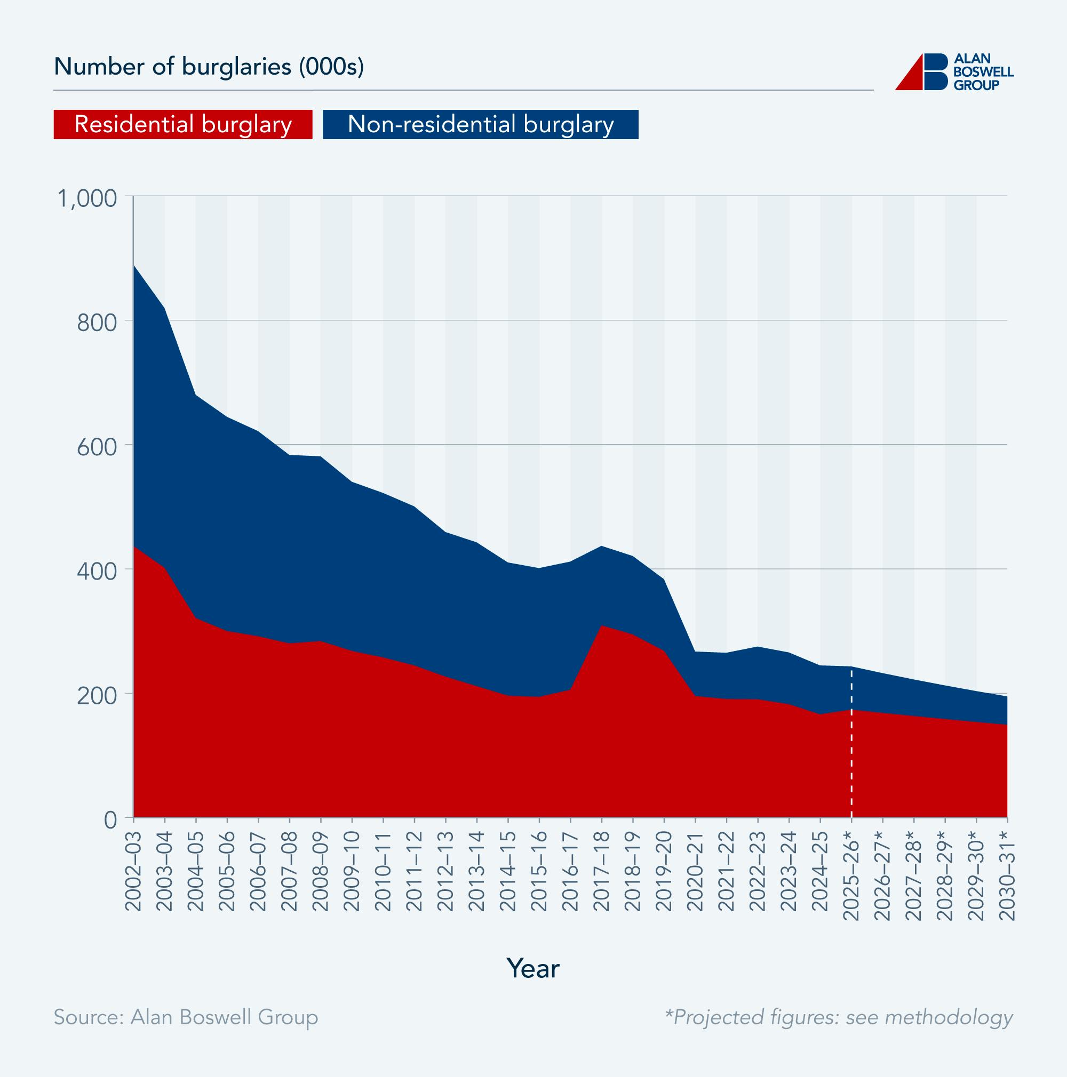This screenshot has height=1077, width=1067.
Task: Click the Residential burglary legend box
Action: [x=183, y=124]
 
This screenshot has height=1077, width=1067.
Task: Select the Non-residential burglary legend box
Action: [x=480, y=124]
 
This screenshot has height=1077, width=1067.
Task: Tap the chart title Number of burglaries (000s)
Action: [x=209, y=67]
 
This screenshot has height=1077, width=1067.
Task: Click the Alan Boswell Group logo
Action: [x=954, y=72]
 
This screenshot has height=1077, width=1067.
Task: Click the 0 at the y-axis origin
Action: [x=112, y=819]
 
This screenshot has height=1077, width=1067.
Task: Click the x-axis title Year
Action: [x=532, y=968]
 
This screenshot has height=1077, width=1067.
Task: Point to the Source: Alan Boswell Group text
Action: [x=186, y=1017]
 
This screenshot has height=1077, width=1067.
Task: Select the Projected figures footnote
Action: [x=838, y=1017]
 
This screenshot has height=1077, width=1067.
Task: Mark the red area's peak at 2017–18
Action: [x=602, y=625]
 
